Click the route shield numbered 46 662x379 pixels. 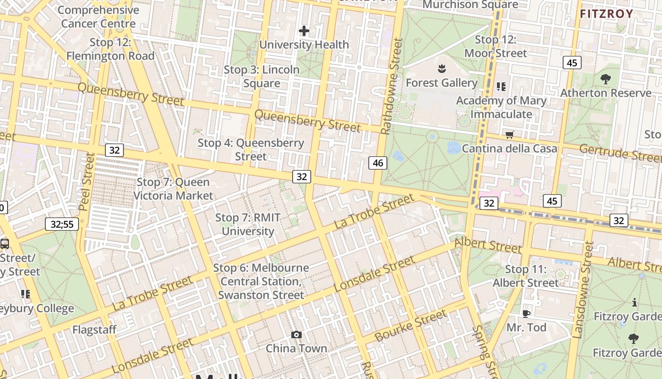(378, 163)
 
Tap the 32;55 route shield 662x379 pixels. (62, 224)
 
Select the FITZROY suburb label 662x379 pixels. (606, 14)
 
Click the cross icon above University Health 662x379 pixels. (304, 31)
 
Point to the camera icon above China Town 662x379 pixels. (296, 335)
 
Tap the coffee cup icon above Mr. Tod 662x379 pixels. (526, 314)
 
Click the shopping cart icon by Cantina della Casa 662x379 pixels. (509, 135)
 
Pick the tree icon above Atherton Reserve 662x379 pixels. (605, 79)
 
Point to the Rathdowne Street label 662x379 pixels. (392, 86)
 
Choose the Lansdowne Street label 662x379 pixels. (583, 290)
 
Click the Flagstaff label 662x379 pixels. (95, 329)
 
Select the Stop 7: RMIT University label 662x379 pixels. (248, 225)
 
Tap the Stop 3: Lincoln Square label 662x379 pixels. (261, 76)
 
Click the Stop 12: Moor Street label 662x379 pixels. (496, 46)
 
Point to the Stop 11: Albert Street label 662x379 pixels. (526, 276)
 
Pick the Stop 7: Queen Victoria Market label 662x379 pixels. (173, 189)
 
